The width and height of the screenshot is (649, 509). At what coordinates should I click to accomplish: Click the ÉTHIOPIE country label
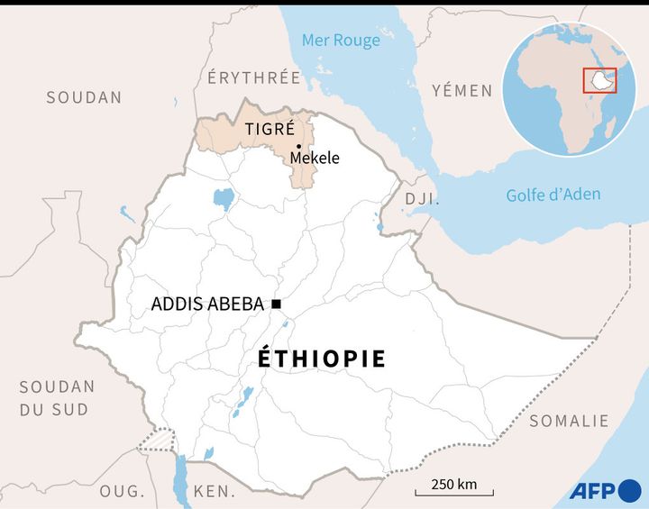322,359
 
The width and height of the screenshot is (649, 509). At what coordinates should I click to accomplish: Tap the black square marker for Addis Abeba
276,304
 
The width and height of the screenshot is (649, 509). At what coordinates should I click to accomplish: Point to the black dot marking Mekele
297,146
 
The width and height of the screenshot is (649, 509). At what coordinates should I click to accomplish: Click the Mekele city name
315,158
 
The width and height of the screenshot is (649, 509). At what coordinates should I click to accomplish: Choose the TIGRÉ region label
270,129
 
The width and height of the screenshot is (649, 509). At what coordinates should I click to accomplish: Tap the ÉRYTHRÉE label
253,77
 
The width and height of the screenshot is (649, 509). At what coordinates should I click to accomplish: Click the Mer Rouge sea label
341,41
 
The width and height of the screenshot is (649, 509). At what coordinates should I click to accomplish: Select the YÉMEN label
462,90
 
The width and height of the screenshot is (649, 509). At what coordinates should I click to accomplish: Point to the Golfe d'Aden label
553,195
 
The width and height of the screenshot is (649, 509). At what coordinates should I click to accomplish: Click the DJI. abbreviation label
421,198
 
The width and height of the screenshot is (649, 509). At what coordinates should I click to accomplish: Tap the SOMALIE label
569,421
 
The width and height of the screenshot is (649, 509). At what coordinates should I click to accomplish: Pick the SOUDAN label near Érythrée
84,97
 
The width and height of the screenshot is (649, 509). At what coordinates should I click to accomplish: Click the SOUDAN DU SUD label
57,397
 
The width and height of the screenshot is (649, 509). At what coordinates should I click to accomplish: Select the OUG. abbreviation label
122,491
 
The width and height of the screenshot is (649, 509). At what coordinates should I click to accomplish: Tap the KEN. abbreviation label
214,491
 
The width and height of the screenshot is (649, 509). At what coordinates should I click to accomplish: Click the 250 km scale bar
453,492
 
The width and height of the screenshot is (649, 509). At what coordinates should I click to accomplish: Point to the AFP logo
603,491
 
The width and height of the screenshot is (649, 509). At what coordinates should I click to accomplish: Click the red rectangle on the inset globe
599,80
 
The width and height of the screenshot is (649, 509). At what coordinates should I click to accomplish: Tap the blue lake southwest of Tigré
223,198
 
